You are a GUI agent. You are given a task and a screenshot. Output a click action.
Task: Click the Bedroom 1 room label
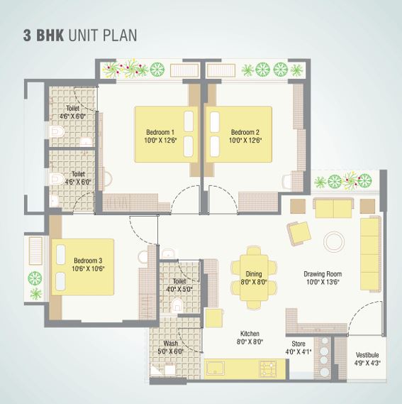pos(160,132)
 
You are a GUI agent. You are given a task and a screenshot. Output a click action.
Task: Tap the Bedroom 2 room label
pos(245,132)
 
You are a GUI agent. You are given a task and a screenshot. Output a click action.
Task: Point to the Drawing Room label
pos(323,273)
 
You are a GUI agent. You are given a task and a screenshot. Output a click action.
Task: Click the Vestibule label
pos(367,355)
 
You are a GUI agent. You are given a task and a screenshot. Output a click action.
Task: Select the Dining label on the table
pos(254,273)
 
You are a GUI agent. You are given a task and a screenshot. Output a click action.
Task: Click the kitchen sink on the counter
pos(215,368)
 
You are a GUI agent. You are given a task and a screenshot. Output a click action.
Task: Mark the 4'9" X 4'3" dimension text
pos(367,364)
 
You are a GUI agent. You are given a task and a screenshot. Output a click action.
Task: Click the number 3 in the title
pos(27,36)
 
